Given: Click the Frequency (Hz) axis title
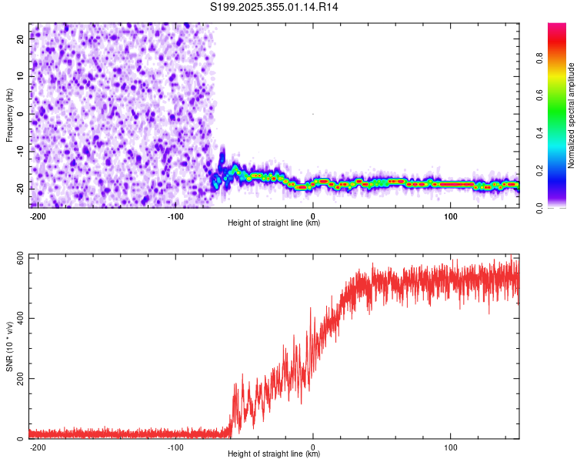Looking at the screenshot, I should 9,115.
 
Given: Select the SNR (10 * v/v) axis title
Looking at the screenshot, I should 9,346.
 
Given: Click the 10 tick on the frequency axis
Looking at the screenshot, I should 21,76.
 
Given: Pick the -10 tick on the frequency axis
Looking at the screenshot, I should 19,151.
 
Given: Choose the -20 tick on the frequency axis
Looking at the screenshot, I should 19,188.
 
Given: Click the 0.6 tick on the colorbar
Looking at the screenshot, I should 540,94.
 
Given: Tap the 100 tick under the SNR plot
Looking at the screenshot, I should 450,447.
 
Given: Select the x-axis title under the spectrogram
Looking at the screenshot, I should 274,223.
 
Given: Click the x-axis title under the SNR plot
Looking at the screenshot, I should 274,454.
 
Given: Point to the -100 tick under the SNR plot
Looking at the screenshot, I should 175,447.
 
